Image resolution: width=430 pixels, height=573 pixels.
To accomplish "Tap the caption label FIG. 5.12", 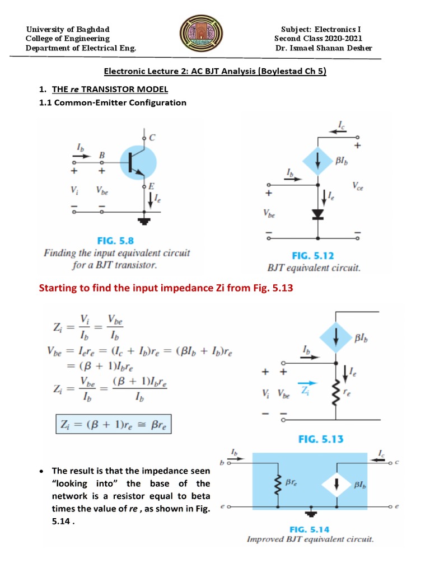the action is point(312,256).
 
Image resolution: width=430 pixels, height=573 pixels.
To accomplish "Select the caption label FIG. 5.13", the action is point(321,439).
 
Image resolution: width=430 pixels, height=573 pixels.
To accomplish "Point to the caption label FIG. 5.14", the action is point(310,529).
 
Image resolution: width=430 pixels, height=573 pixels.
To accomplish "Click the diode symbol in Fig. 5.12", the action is point(318,214).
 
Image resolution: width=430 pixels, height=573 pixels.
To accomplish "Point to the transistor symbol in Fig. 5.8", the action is point(138,162).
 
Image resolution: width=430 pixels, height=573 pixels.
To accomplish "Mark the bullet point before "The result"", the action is point(43,471).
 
